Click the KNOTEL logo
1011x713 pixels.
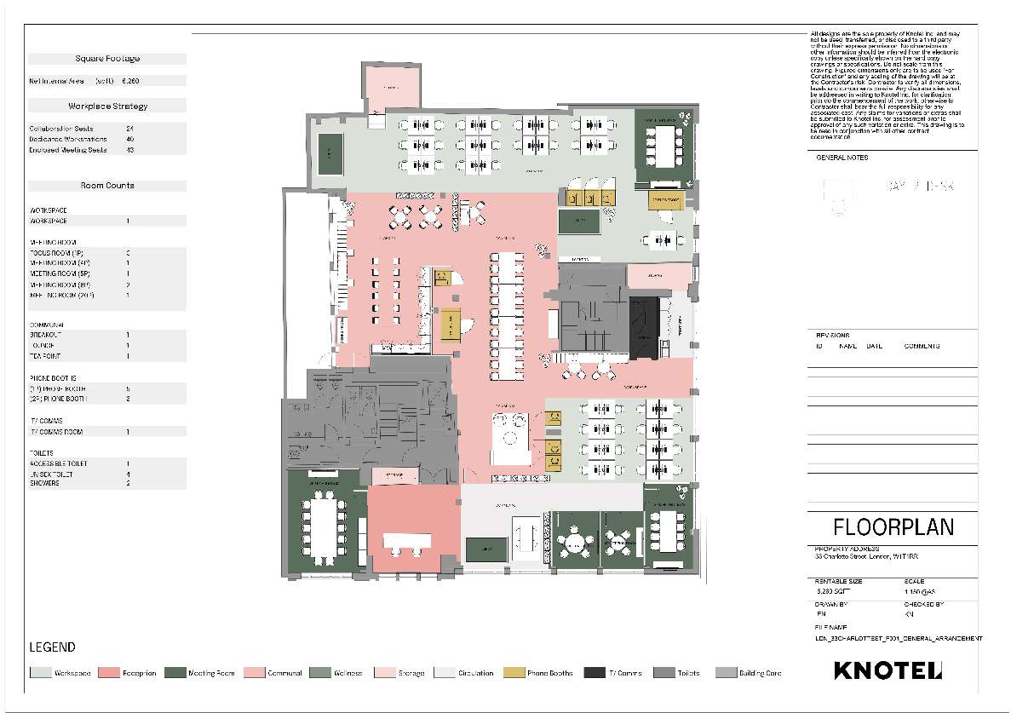[888, 670]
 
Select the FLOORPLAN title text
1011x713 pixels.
[893, 526]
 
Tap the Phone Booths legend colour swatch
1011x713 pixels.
[514, 673]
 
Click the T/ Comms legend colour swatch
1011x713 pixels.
[595, 673]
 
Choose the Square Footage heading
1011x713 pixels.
[107, 59]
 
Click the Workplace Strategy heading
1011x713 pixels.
[107, 106]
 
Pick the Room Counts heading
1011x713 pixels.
[107, 186]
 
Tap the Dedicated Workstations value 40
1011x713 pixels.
[130, 139]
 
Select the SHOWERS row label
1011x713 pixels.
[45, 483]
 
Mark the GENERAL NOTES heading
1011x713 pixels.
[842, 158]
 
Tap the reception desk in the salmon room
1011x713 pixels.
[408, 541]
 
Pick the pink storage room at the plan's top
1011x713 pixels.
[389, 87]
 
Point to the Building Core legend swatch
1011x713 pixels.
[726, 673]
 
